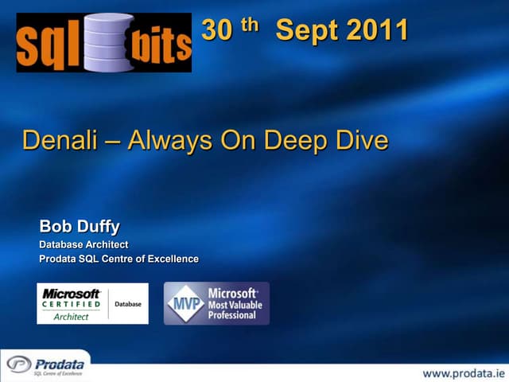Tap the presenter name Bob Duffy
80,228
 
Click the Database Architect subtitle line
84,244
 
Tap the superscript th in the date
250,25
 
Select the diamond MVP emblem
185,303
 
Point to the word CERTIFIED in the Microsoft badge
72,304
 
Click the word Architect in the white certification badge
72,317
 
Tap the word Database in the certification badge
128,304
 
